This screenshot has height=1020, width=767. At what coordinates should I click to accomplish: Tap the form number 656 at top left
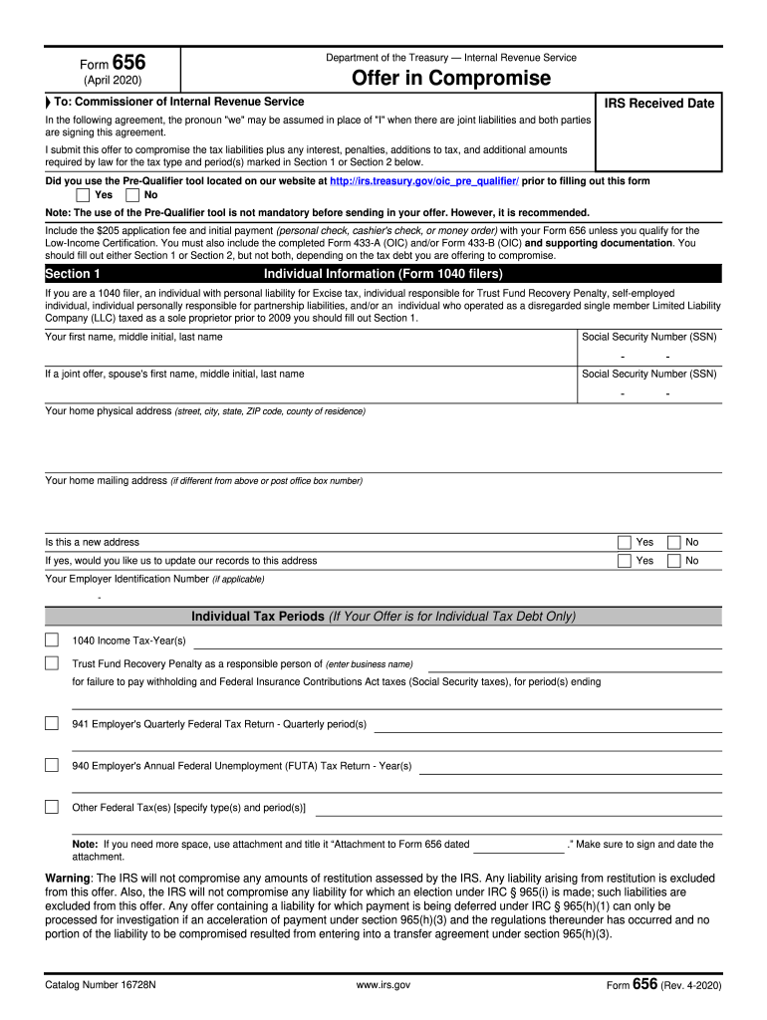[x=128, y=63]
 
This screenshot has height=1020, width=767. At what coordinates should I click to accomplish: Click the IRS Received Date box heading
[x=659, y=103]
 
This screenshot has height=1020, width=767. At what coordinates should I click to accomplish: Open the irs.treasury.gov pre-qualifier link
[x=424, y=181]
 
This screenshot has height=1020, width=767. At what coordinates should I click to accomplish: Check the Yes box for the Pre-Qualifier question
[x=84, y=195]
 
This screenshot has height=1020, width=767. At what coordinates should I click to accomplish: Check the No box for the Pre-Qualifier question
[x=132, y=195]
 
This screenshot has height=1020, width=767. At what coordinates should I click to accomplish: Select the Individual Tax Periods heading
[x=383, y=617]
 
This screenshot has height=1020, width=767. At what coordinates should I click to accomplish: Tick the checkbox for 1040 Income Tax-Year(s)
[x=52, y=638]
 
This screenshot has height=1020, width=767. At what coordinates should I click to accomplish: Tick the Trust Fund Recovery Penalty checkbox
[x=52, y=663]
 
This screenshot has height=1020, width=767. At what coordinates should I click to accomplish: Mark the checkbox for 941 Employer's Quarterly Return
[x=52, y=723]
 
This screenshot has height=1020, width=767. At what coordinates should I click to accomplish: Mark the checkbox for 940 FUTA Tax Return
[x=52, y=765]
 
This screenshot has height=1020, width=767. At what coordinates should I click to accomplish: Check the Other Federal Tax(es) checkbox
[x=52, y=807]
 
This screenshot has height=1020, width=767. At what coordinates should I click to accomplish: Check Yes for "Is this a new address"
[x=625, y=542]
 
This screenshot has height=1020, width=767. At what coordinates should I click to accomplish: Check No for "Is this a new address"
[x=673, y=542]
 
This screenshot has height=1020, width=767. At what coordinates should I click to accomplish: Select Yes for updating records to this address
[x=625, y=561]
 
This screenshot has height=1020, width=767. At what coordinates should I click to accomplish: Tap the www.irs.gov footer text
[x=383, y=985]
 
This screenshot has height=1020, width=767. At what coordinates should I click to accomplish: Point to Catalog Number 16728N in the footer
[x=98, y=985]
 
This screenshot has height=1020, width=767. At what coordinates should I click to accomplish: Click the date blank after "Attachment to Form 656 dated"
[x=518, y=845]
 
